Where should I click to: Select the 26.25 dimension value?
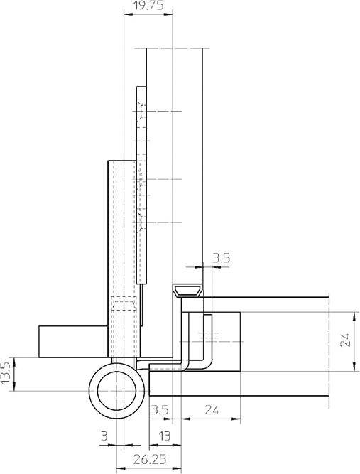(148, 460)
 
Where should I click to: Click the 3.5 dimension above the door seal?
(221, 259)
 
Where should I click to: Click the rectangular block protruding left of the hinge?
(71, 342)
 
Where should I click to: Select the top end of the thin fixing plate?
(141, 90)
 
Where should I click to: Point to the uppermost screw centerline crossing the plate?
(156, 112)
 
